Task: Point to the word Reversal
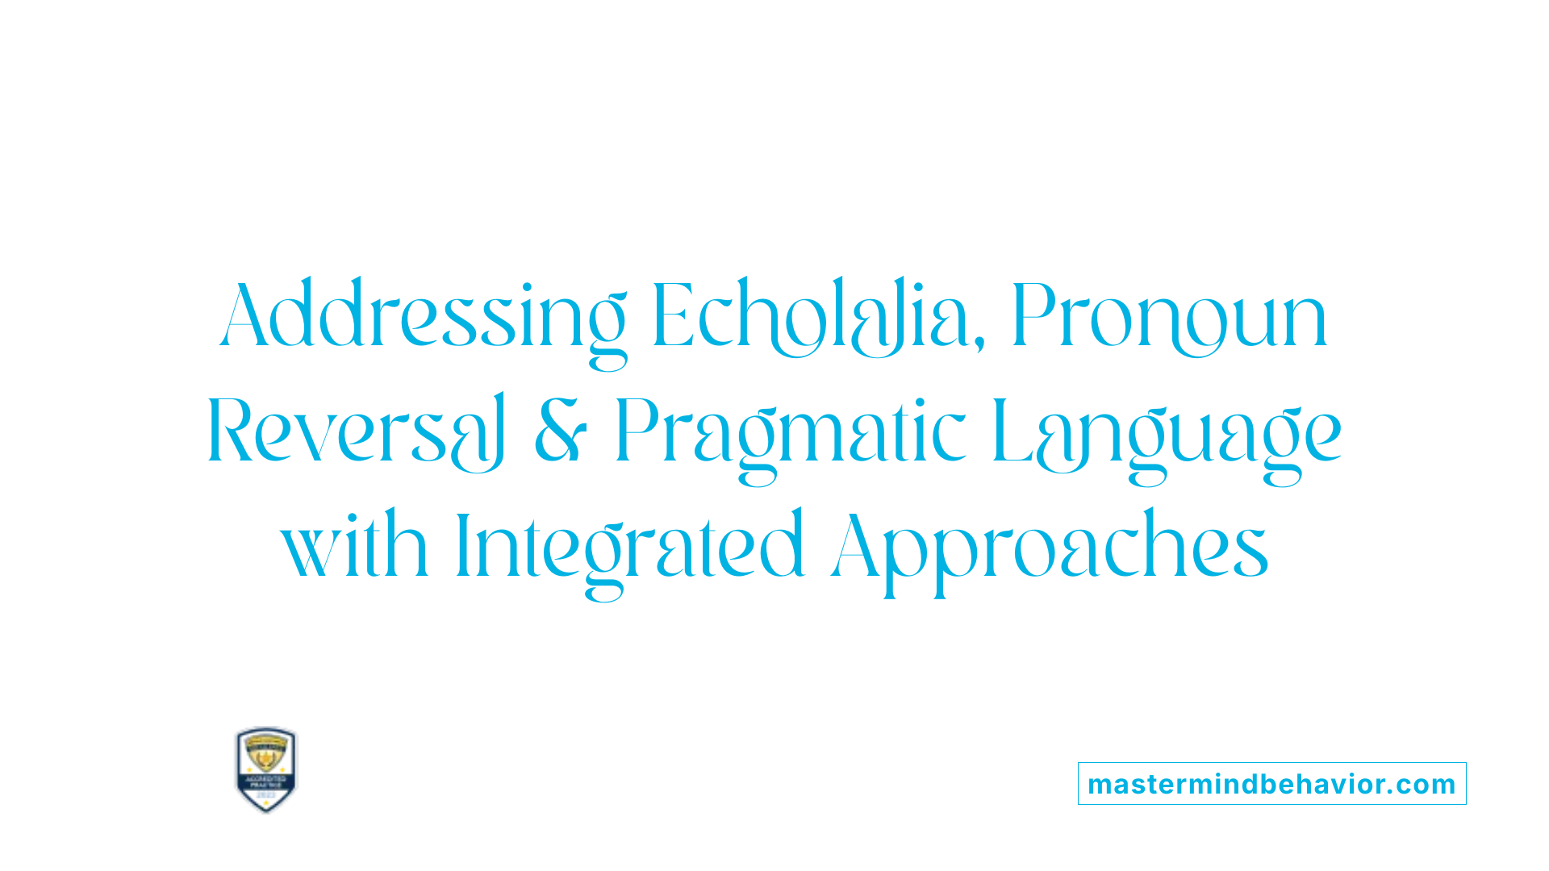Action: coord(356,431)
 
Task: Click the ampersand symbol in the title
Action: coord(560,431)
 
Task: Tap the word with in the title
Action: coord(354,546)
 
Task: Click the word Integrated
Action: coord(629,546)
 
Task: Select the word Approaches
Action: coord(1050,546)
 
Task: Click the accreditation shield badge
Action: coord(266,769)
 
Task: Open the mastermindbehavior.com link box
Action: coord(1271,784)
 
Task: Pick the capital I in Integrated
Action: coord(462,546)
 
